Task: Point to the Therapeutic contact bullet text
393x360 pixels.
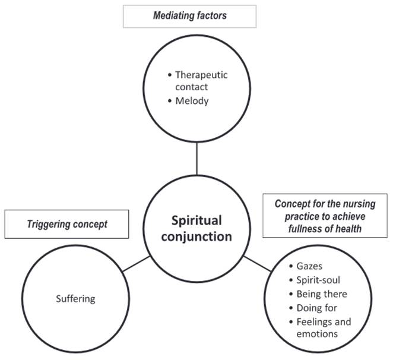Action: click(x=201, y=81)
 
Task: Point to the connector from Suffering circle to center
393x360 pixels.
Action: click(x=136, y=264)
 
